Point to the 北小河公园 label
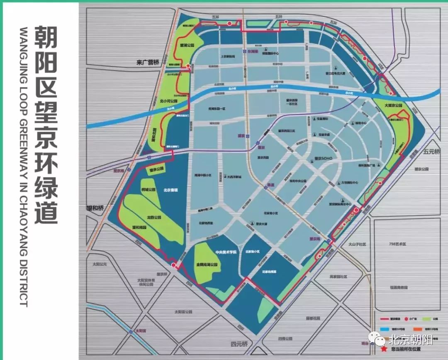click(x=168, y=101)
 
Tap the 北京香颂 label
click(x=170, y=190)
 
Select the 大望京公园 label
click(x=393, y=105)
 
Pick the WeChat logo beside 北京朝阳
click(x=379, y=341)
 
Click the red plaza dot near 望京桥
click(x=356, y=210)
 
